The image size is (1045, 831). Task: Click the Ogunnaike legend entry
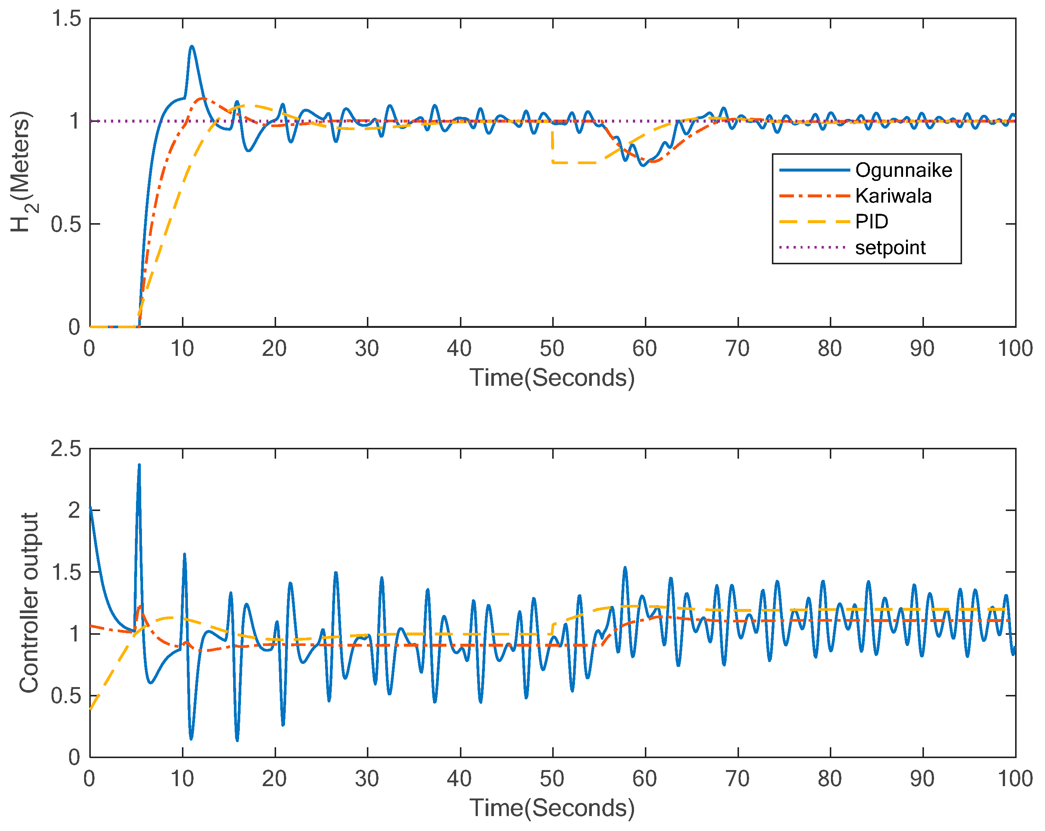click(x=903, y=170)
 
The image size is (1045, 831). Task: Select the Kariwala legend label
click(x=893, y=196)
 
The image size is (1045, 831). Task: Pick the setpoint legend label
click(x=890, y=248)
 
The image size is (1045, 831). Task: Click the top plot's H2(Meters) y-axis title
click(x=22, y=172)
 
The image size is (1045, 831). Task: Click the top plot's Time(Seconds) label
click(x=551, y=377)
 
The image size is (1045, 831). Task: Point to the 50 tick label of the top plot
click(x=551, y=349)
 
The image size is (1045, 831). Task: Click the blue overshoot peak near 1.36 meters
click(x=192, y=47)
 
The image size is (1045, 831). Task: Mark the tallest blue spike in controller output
click(x=139, y=465)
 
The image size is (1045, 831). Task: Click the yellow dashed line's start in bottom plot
click(x=91, y=709)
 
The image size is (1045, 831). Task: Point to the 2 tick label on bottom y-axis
click(x=74, y=511)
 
